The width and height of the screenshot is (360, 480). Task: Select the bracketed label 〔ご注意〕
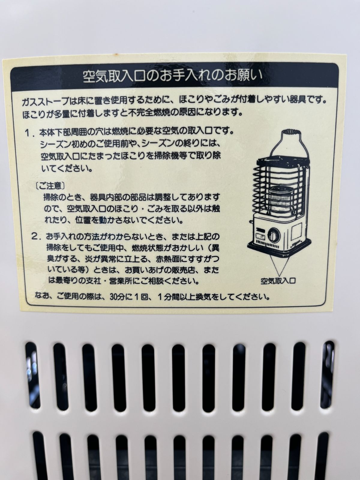pyautogui.click(x=50, y=186)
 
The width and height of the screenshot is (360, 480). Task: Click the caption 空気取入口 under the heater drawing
pyautogui.click(x=278, y=280)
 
